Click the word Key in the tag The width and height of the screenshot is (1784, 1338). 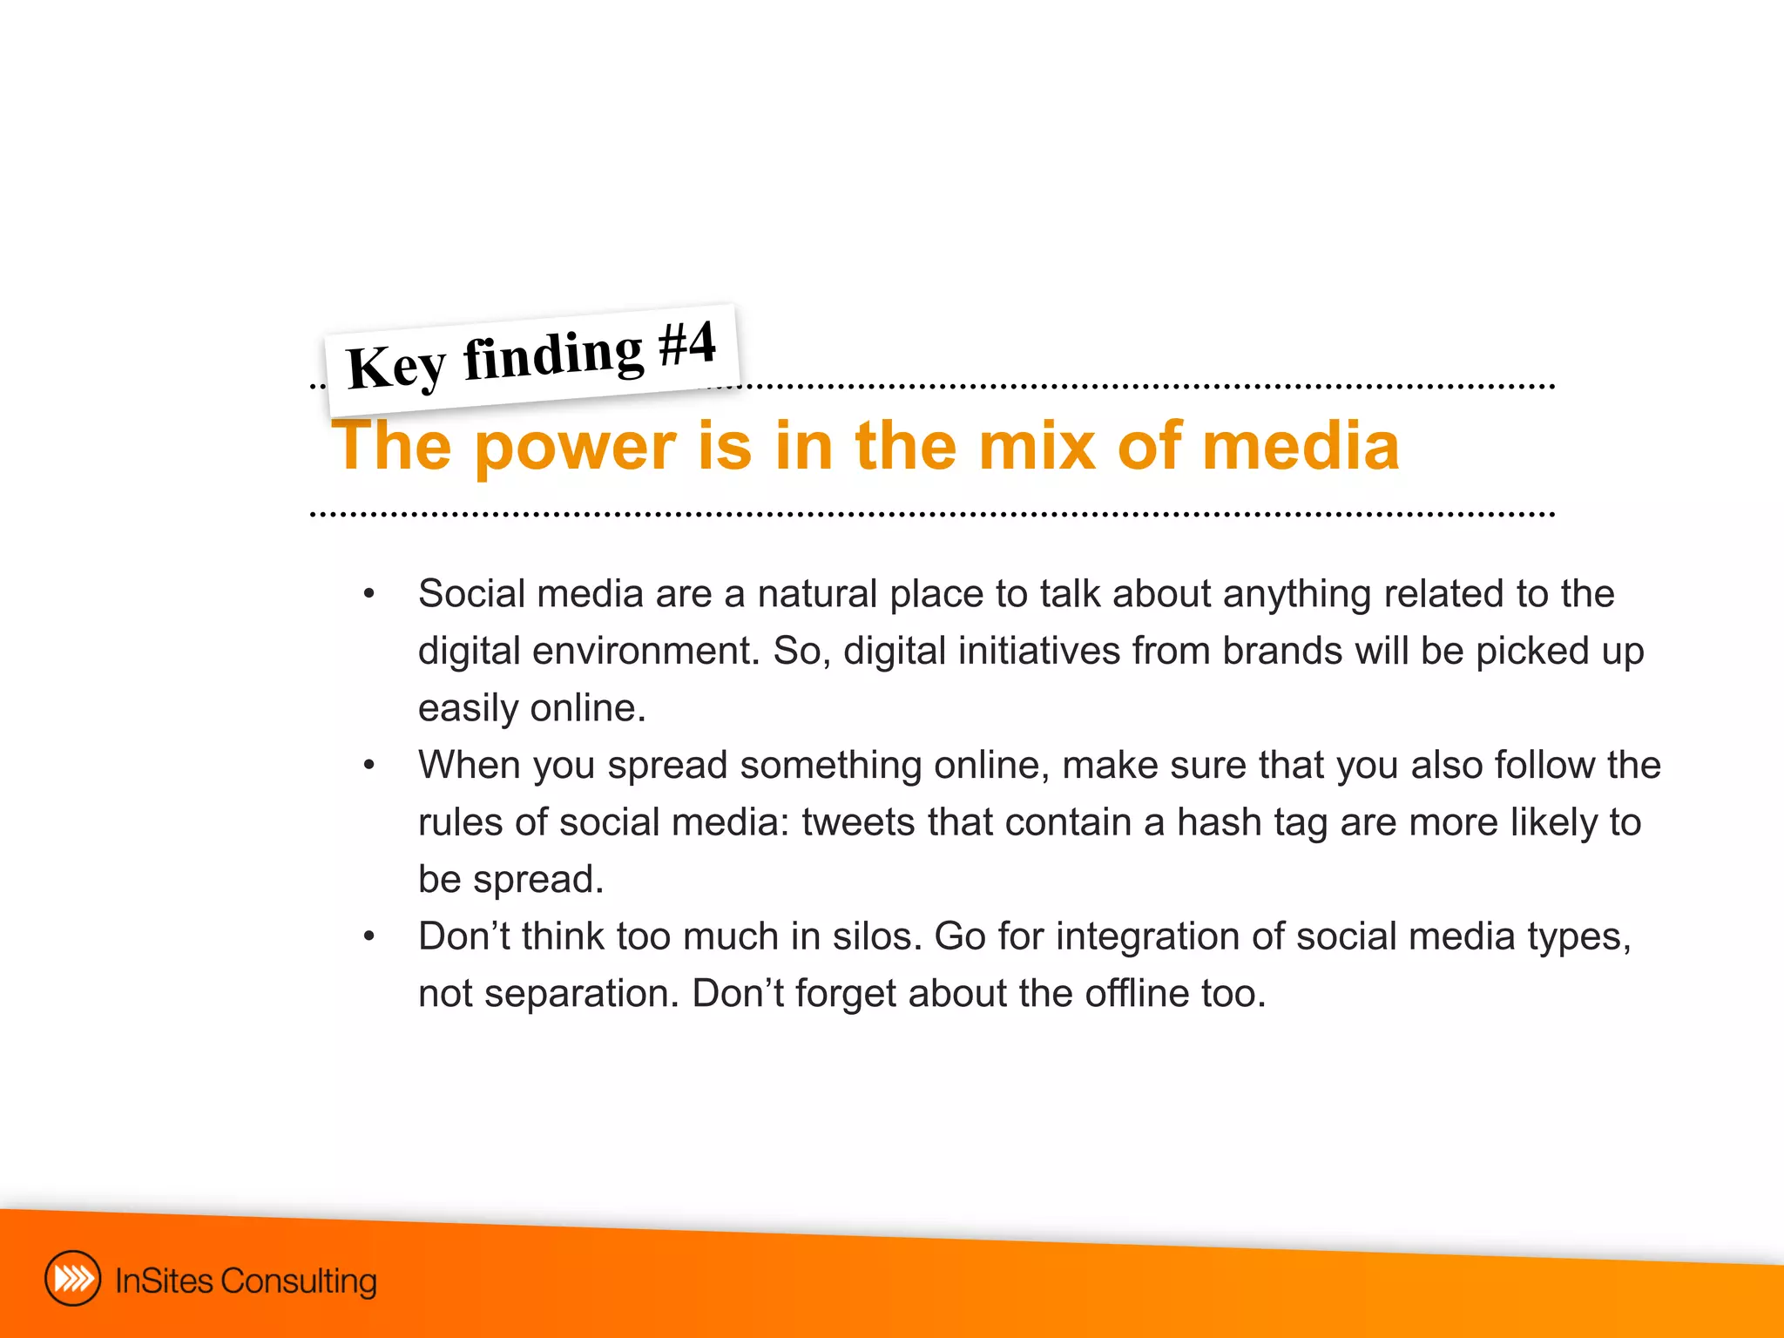[396, 367]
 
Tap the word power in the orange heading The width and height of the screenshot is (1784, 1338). [575, 447]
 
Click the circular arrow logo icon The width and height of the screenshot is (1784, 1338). [72, 1279]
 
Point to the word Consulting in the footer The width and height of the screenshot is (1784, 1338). [299, 1281]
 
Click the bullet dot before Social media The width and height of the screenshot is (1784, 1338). [369, 594]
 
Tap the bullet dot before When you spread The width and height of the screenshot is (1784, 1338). [369, 766]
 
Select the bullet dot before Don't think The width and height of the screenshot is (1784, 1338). [369, 937]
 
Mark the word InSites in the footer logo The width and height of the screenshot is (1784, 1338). [164, 1281]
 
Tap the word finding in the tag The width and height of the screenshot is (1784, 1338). [553, 355]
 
